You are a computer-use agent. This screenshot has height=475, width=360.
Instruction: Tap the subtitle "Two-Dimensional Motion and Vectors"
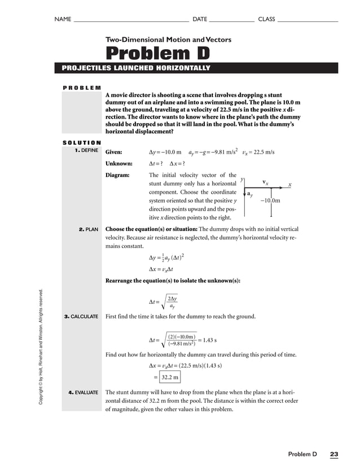tap(168, 40)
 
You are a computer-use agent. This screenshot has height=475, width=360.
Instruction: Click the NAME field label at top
tap(63, 19)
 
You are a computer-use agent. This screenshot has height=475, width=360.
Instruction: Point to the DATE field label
tap(200, 19)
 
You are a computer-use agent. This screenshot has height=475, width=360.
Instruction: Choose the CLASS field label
tap(266, 19)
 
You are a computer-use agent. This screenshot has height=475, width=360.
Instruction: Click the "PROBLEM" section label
tap(81, 88)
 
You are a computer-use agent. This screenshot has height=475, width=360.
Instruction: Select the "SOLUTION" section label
tap(81, 142)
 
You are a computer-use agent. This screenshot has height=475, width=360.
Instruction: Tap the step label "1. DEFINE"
tap(82, 151)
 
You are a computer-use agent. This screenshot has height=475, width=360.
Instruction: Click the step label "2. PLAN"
tap(89, 229)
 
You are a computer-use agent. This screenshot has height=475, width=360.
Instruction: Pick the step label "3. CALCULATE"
tap(81, 316)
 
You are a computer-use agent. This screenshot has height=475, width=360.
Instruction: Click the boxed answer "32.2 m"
tap(169, 377)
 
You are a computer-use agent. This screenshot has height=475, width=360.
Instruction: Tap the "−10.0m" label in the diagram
tap(270, 201)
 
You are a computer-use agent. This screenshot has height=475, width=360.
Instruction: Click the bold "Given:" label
tap(114, 152)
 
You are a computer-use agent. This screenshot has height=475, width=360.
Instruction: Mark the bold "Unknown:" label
tap(118, 164)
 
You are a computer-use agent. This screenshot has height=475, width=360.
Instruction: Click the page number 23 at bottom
tap(334, 454)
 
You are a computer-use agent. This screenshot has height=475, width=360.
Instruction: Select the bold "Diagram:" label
tap(117, 176)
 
